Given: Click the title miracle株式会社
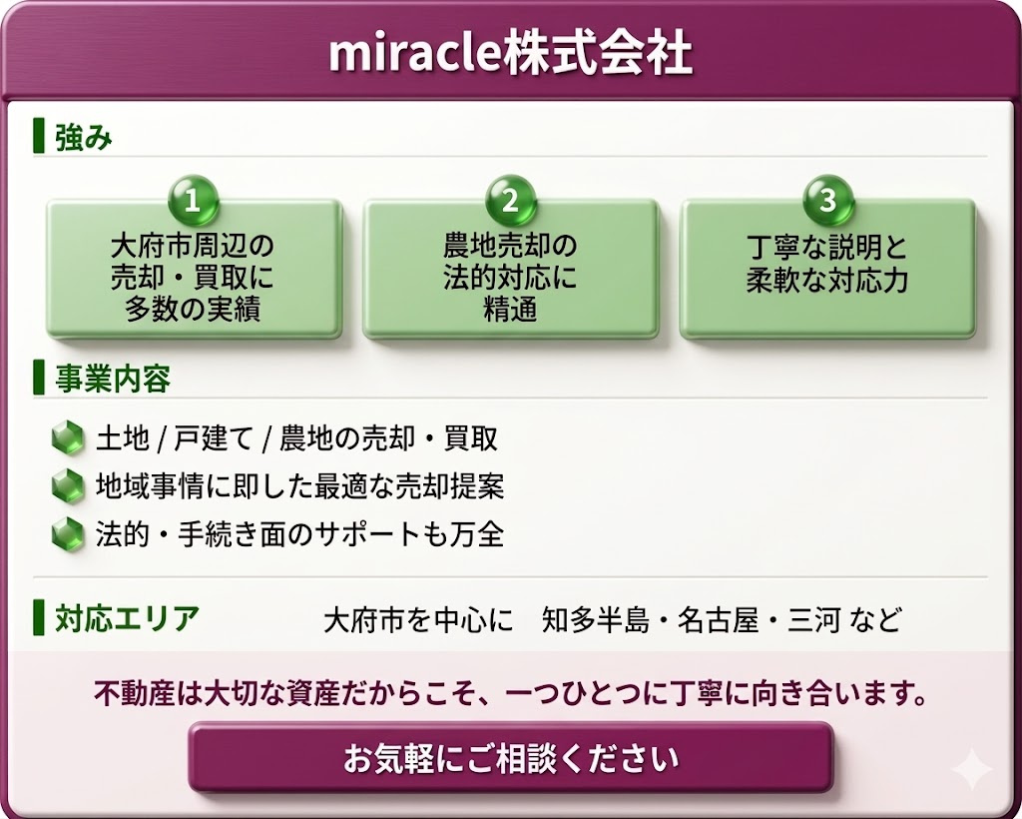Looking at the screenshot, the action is pos(510,53).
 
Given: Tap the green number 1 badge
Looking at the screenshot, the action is pos(193,200).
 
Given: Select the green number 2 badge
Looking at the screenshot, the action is pos(510,200).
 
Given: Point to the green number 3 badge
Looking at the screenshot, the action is pos(827,200).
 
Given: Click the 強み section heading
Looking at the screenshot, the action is pos(84,137).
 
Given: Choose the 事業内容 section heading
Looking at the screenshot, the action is pos(113,379).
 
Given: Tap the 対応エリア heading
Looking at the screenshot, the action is pos(127,617).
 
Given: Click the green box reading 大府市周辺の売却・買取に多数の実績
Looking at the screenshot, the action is pos(194,270).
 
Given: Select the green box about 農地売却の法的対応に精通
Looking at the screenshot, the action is pos(510,270).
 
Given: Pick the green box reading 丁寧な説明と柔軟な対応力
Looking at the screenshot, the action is pos(827,270).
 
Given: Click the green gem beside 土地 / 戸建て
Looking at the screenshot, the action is pos(69,436).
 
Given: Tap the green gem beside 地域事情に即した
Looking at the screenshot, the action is pos(69,485).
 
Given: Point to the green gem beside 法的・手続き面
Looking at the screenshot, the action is pos(69,534).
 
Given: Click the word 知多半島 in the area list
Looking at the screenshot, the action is pos(596,619).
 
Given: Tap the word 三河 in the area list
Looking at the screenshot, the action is pos(813,619).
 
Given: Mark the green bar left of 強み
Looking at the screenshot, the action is pos(39,136).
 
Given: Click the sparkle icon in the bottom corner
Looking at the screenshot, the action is pos(971,769).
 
